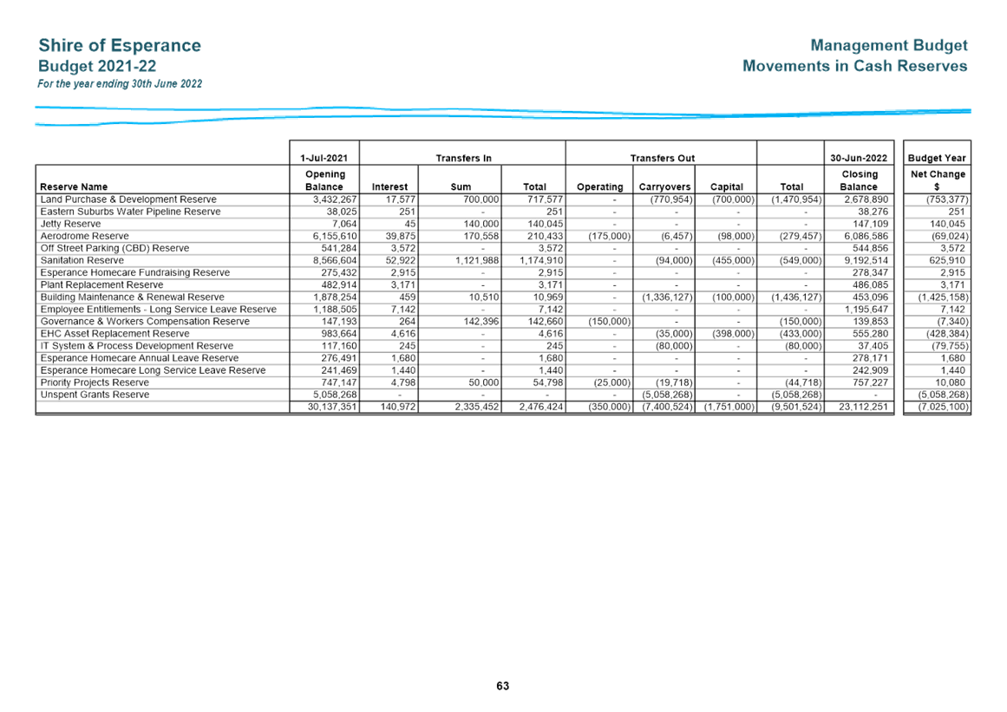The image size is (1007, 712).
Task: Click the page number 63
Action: [x=503, y=686]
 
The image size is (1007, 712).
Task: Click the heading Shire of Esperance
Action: [x=120, y=46]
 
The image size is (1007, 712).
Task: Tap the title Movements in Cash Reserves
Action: [x=855, y=66]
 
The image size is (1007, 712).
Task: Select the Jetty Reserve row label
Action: [x=70, y=224]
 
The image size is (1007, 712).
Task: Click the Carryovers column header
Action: [x=664, y=186]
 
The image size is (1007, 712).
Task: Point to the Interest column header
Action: [x=389, y=186]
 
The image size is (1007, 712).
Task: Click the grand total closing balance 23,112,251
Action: [x=863, y=407]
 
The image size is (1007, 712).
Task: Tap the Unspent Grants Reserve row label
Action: [x=95, y=395]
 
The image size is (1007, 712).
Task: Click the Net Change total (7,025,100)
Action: [x=944, y=407]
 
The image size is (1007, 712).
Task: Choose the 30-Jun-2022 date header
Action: [x=859, y=158]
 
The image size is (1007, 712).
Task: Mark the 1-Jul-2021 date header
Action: [x=324, y=158]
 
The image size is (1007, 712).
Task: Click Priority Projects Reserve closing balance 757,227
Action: [x=870, y=382]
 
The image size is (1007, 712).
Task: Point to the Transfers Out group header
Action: [x=663, y=158]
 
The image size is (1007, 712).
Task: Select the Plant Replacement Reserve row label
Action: [x=102, y=285]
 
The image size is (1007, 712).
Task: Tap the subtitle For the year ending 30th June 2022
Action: [x=120, y=84]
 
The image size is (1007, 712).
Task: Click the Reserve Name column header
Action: [x=74, y=186]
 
